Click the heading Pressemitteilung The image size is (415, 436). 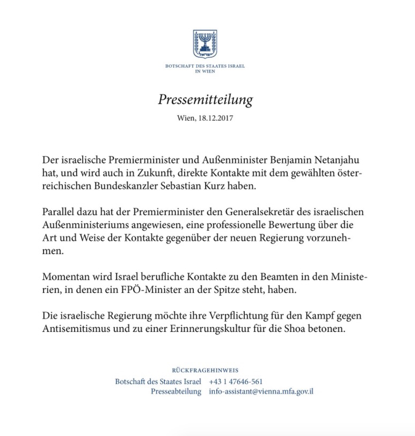click(x=205, y=100)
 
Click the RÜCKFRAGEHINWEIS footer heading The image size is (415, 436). click(x=205, y=371)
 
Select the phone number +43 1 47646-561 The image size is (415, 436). click(x=236, y=382)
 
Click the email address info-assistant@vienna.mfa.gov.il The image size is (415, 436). click(x=261, y=391)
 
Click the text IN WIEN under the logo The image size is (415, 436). click(x=205, y=71)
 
